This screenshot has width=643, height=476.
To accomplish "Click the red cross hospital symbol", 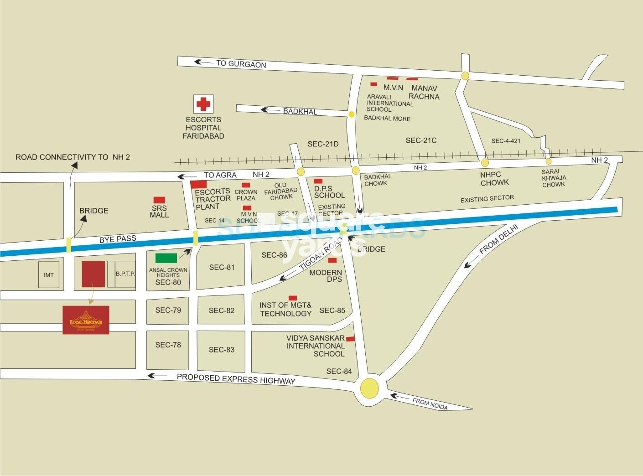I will [x=203, y=104].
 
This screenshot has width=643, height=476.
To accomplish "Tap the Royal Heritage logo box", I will [x=86, y=320].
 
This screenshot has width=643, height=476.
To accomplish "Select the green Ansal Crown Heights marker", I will [x=166, y=258].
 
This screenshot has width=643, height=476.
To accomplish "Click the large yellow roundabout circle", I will [x=369, y=388].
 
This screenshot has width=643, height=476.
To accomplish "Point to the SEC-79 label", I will [x=168, y=310].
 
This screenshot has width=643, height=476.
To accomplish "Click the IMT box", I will [x=48, y=274].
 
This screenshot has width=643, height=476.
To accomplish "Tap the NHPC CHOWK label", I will [x=494, y=179].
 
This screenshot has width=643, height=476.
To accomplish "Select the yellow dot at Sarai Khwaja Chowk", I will [x=549, y=161].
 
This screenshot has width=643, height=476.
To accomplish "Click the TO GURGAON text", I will [x=241, y=64].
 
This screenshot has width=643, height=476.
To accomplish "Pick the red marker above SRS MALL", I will [x=159, y=200].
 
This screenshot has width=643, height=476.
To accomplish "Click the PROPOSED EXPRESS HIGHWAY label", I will [x=236, y=378].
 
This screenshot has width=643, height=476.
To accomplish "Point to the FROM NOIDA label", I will [x=430, y=404].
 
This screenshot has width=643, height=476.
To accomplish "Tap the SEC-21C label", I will [x=421, y=140].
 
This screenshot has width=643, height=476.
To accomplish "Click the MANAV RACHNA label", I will [x=424, y=92].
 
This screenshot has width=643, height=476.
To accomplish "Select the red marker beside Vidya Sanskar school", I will [x=351, y=339].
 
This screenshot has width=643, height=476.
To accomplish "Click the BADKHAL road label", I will [x=300, y=111].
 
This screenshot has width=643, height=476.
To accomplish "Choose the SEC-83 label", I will [x=222, y=350].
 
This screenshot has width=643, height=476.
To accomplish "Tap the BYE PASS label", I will [x=118, y=239].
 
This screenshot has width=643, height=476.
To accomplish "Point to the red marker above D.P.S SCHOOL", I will [x=318, y=181].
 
